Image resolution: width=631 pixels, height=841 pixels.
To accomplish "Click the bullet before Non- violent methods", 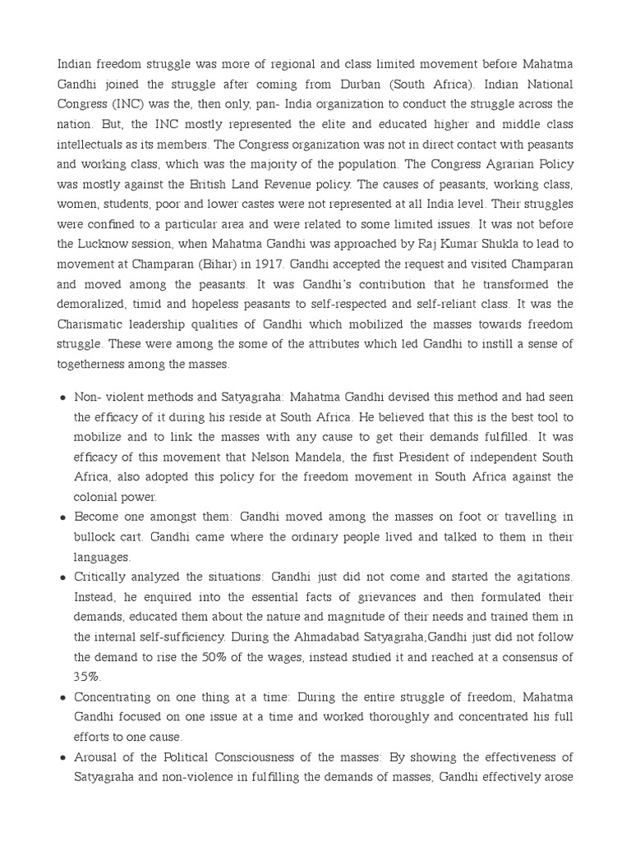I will coord(63,397).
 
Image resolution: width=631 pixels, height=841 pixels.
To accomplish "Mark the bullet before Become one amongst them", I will coord(63,517).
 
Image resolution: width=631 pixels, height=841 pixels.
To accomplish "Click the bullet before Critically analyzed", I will coord(63,577).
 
